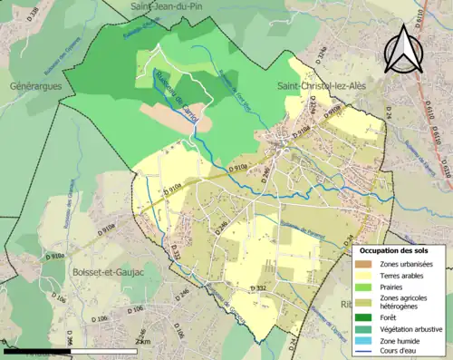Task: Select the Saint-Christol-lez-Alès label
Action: coord(323,83)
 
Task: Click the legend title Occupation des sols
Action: coord(399,250)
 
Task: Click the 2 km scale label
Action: coord(140,341)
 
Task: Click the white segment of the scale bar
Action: coord(107,350)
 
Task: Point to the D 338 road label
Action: coord(34,14)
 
